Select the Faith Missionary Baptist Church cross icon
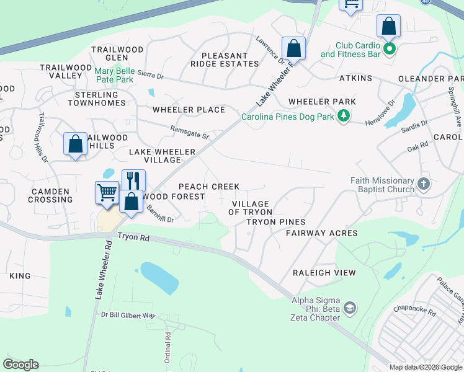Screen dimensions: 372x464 click(423, 184)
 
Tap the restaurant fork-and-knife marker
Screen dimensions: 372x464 click(133, 180)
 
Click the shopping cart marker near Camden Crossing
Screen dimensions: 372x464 click(107, 192)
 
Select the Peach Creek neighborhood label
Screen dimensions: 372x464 click(209, 187)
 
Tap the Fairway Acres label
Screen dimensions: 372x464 click(321, 233)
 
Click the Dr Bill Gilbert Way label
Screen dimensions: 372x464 click(128, 315)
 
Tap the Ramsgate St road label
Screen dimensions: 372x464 click(190, 132)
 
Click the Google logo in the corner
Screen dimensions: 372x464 click(20, 365)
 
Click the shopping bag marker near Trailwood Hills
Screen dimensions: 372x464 click(75, 144)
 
